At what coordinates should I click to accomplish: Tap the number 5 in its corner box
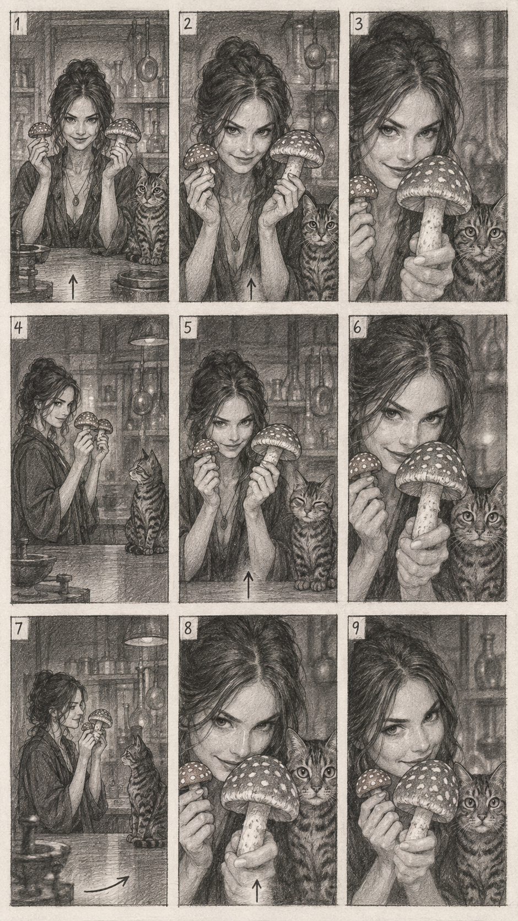[x=188, y=328]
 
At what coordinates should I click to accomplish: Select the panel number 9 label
[x=357, y=629]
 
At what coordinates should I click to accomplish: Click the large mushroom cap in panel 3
[x=436, y=181]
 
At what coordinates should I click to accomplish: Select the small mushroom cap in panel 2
[x=201, y=158]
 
